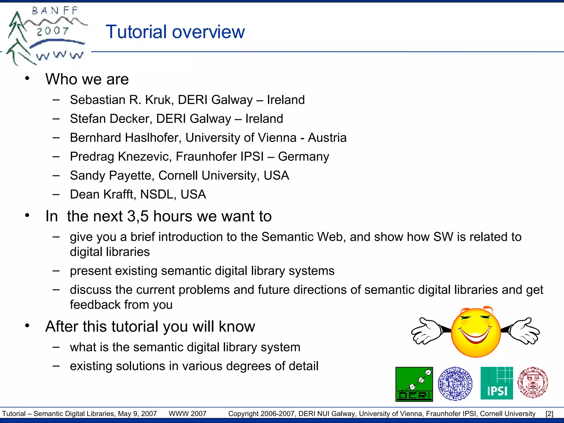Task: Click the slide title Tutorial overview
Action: point(175,32)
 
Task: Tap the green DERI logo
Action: point(414,384)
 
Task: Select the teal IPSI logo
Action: point(497,383)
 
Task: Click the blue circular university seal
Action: point(455,383)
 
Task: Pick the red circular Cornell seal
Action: point(533,383)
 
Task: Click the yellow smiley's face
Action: point(476,333)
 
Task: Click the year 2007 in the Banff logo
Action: point(53,31)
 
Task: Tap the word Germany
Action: point(303,157)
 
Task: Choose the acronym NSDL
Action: point(158,194)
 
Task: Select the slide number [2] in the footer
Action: point(549,414)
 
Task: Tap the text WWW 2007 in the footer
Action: point(188,414)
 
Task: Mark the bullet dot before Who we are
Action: point(27,79)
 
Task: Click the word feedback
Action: point(95,305)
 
